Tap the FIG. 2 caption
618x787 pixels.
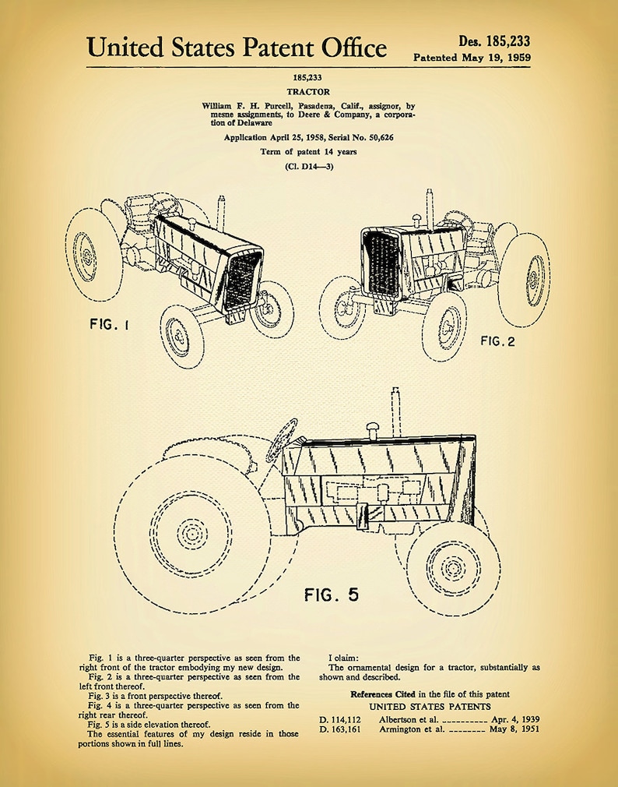497,341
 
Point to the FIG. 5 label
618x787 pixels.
332,595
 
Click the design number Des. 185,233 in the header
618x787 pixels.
494,41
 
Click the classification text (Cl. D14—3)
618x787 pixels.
310,166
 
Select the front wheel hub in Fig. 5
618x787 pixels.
453,566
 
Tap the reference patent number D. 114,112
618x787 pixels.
339,719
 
